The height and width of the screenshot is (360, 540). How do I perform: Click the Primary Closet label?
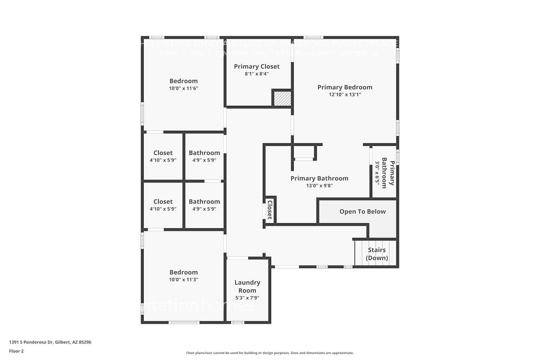click(257, 67)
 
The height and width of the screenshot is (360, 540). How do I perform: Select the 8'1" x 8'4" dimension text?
click(257, 74)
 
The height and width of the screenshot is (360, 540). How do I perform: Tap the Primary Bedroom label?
click(345, 87)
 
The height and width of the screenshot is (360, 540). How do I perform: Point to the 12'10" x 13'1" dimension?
click(345, 95)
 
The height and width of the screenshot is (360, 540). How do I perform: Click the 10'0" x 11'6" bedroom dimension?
click(184, 89)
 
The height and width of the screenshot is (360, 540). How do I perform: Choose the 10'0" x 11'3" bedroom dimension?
click(184, 280)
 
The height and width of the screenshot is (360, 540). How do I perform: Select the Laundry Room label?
click(247, 287)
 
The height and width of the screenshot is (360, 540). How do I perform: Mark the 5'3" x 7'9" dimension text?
click(247, 298)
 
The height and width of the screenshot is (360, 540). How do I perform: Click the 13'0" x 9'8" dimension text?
click(319, 186)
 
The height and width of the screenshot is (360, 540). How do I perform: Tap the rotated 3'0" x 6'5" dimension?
click(377, 172)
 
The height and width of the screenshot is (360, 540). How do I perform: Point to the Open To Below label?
click(363, 212)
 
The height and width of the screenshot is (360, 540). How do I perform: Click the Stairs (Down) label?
click(377, 254)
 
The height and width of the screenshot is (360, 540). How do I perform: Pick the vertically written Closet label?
click(270, 210)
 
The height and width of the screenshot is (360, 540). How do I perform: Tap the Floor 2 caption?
click(16, 351)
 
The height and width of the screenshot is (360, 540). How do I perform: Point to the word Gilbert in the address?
click(63, 342)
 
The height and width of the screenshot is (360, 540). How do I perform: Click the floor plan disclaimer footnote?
click(270, 353)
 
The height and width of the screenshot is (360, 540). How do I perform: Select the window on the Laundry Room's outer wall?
click(237, 322)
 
